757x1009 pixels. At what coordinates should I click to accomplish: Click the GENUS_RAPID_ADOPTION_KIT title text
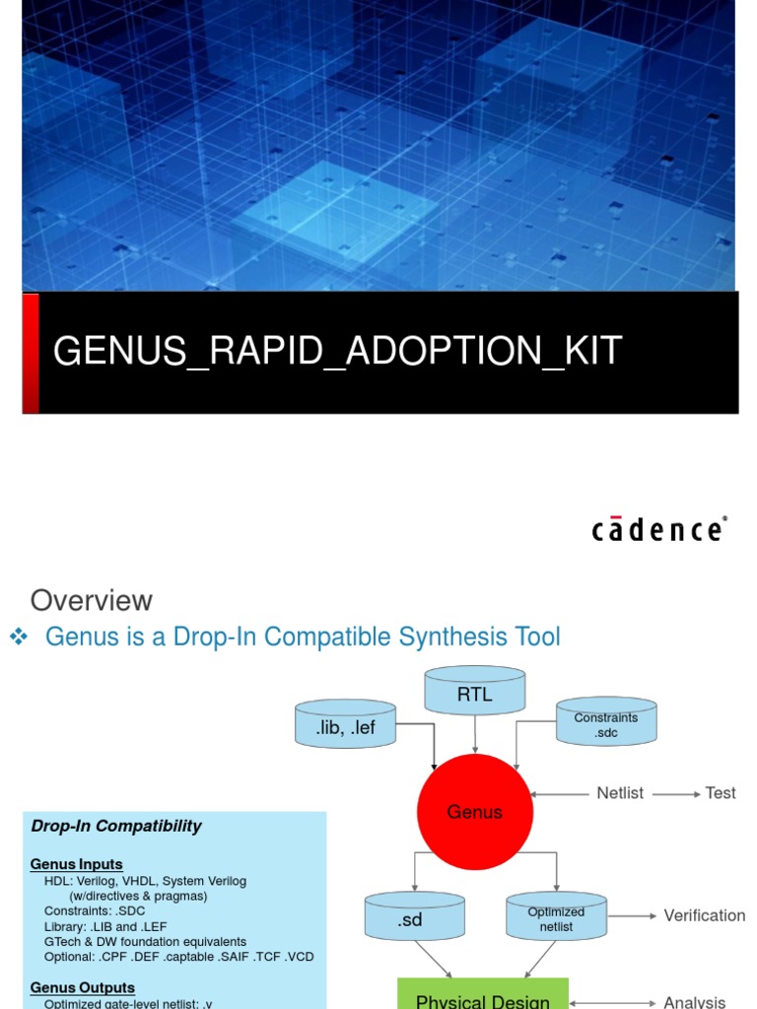[337, 351]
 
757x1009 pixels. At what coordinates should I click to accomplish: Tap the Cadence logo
[659, 529]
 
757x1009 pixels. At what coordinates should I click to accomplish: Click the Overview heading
[92, 600]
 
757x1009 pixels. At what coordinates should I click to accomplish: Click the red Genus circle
[475, 812]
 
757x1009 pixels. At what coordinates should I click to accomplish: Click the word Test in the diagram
[721, 793]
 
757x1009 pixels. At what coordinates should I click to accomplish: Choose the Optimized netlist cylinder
[556, 918]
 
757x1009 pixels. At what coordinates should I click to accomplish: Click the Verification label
[705, 915]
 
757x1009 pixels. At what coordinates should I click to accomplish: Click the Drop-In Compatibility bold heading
[116, 826]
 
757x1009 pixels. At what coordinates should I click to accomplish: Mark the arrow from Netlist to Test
[677, 793]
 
